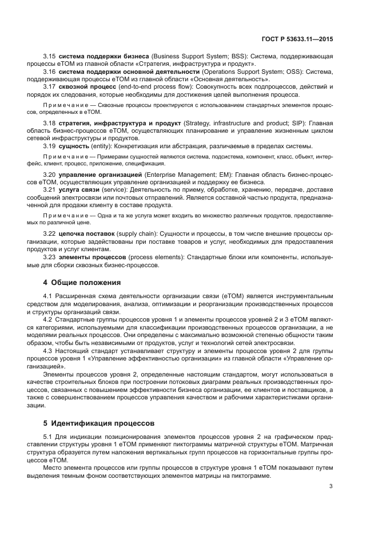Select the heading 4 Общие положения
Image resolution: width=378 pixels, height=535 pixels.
tap(82, 282)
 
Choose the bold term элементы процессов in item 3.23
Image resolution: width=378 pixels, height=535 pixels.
tap(93, 257)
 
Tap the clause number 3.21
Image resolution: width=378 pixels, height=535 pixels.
tap(50, 189)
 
